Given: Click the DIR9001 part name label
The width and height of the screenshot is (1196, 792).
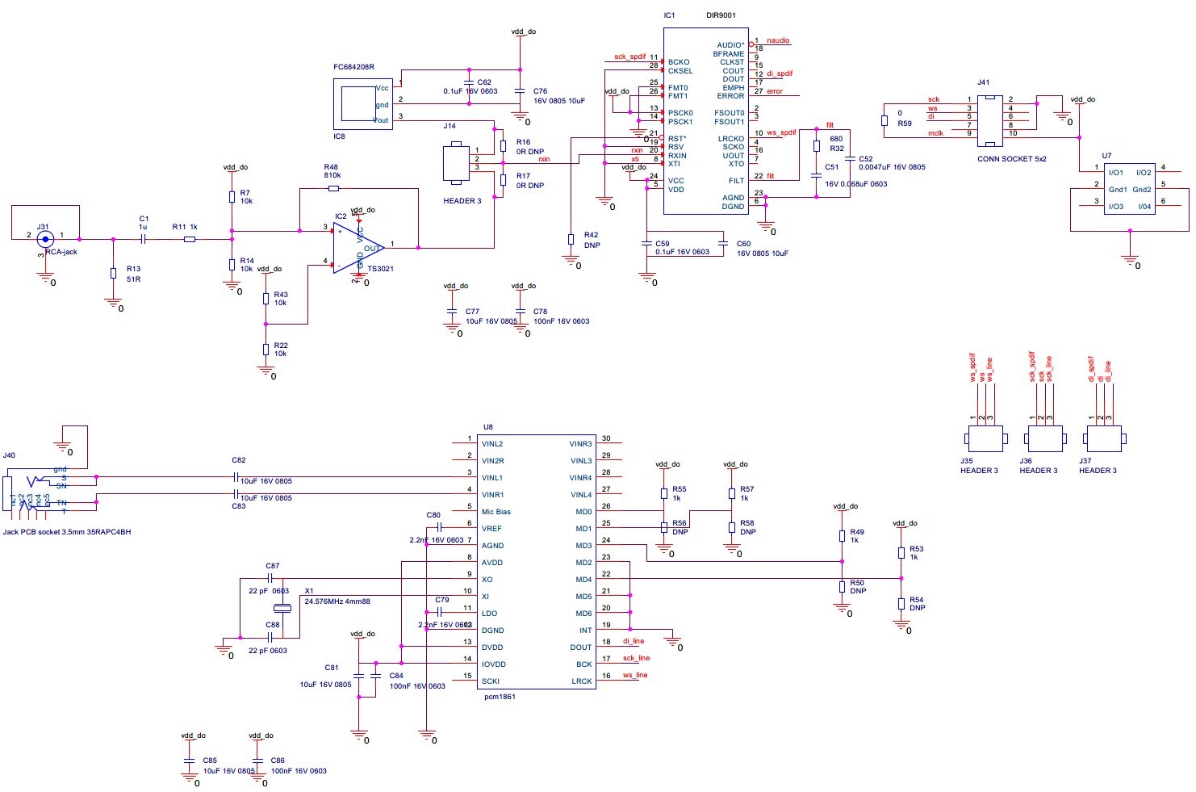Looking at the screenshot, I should point(721,15).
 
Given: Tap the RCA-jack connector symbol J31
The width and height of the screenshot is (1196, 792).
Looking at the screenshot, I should point(45,238).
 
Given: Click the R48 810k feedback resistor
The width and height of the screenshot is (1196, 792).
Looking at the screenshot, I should point(333,188).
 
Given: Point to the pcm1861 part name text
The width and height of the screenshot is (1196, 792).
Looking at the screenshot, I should point(500,696).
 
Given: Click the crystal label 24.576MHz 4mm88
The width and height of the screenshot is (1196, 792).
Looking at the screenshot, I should point(337,601).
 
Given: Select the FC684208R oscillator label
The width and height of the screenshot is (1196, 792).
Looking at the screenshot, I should point(353,67).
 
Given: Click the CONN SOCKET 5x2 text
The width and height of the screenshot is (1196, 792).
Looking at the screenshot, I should point(1011,159).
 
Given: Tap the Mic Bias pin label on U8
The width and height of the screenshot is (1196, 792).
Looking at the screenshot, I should point(496,512).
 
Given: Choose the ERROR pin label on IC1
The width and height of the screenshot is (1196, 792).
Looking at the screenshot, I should point(730,96).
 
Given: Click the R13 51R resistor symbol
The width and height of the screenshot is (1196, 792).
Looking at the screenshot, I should point(113,273).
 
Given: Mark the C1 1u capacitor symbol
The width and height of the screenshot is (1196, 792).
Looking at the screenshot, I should point(143,239).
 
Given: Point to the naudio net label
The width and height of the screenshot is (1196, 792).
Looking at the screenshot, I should point(778,40).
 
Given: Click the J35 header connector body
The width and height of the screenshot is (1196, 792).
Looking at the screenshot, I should point(985,438).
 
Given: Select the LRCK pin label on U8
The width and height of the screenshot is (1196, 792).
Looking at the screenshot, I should point(581,681).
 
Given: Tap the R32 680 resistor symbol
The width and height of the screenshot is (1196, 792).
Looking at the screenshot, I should point(816,146).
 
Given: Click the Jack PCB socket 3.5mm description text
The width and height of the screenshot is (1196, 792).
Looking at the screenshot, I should point(67,532).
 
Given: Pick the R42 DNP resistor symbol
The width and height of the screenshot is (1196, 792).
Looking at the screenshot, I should point(571,239).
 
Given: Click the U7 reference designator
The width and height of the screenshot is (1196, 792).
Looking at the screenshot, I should point(1106,156).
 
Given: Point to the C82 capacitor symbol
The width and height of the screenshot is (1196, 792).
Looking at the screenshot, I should point(235,477).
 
